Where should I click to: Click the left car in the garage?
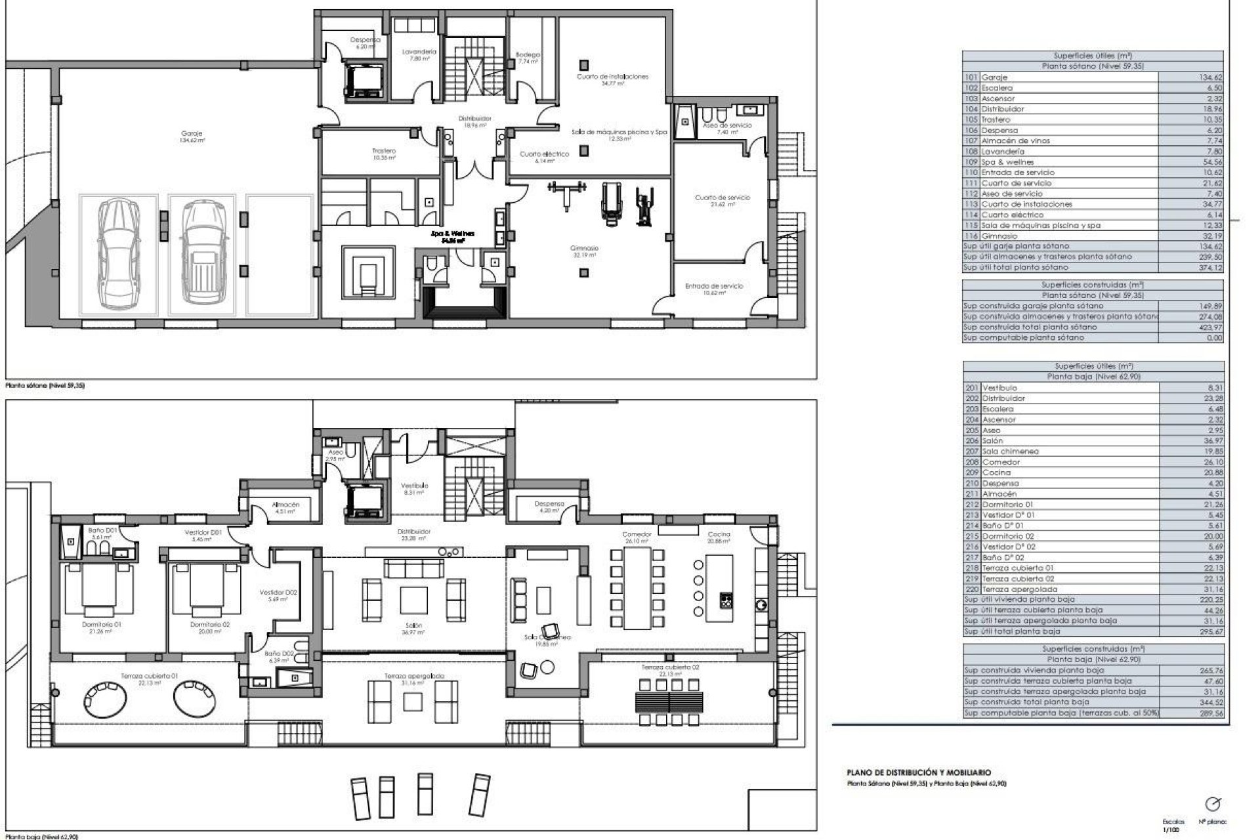pos(118,253)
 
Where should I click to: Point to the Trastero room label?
pos(384,151)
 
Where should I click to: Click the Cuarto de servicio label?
pos(722,198)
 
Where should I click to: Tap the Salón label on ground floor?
pos(413,625)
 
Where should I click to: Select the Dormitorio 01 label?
pos(102,625)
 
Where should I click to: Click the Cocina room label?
pos(719,534)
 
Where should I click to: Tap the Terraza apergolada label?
pos(414,675)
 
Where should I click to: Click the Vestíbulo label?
pos(414,485)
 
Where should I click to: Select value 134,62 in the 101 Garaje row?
pos(1209,77)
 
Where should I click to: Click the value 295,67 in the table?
pos(1209,631)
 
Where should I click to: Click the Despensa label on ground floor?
pos(549,504)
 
